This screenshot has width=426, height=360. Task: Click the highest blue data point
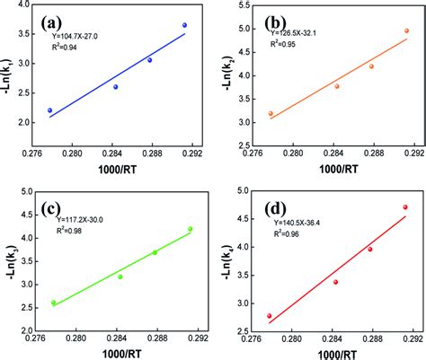(184, 25)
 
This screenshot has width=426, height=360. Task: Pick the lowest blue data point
(50, 110)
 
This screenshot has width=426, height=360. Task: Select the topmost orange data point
(406, 31)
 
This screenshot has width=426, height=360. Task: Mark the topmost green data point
(190, 229)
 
